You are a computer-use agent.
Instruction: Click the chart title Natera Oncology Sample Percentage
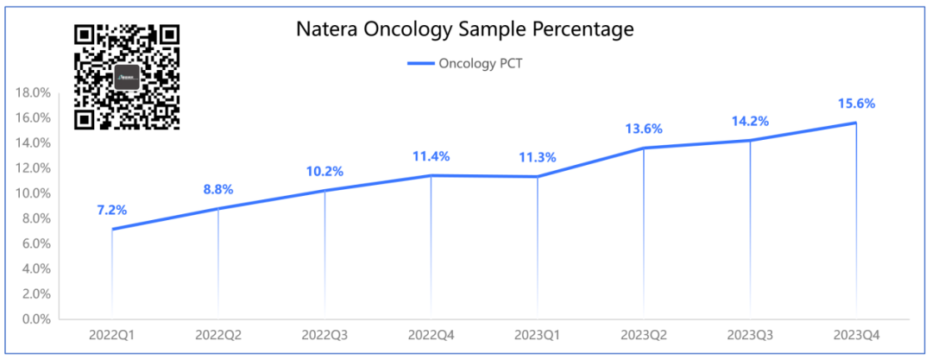coord(465,29)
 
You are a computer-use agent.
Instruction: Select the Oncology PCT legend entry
coord(465,63)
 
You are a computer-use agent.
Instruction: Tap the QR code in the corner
coord(127,77)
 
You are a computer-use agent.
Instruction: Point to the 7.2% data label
coord(111,210)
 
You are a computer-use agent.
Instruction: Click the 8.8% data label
coord(217,189)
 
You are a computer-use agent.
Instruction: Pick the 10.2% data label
coord(324,171)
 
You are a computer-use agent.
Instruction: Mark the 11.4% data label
coord(431,156)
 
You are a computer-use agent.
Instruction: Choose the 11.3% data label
coord(537,157)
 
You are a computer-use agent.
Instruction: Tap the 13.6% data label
coord(644,129)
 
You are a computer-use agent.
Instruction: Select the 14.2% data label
coord(750,121)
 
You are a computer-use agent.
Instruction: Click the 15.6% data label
coord(856,104)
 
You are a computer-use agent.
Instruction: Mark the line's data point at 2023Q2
coord(644,148)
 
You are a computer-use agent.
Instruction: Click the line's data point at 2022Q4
coord(431,176)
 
